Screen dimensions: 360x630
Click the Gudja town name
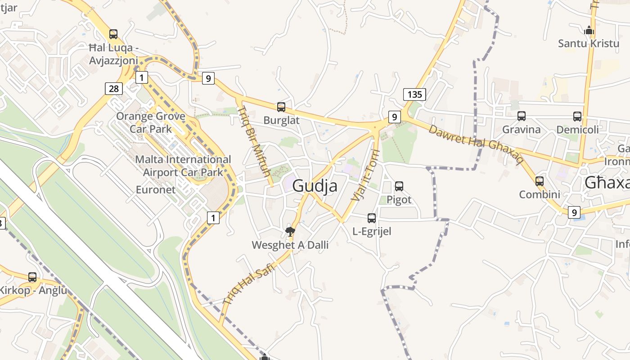point(315,185)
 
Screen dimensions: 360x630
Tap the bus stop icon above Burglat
point(281,107)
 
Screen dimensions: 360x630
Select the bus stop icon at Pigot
point(399,186)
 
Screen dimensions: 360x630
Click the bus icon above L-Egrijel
point(372,218)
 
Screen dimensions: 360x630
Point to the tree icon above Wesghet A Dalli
point(290,232)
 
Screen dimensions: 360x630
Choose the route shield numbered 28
point(114,89)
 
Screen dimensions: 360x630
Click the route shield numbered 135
point(414,94)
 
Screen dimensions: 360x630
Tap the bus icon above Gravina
point(522,116)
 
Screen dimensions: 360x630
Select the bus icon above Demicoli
point(577,117)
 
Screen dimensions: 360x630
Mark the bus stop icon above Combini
point(540,181)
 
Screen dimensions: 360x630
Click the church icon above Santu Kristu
point(589,31)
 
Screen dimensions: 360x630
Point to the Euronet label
point(156,190)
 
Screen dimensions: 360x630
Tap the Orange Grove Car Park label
point(151,122)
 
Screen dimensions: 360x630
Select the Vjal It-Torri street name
point(364,175)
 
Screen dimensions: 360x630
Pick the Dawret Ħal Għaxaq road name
point(476,144)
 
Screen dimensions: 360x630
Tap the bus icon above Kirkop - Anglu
point(32,277)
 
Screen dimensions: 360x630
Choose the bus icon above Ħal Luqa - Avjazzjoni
point(113,34)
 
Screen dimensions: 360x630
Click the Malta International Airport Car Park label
point(183,166)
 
